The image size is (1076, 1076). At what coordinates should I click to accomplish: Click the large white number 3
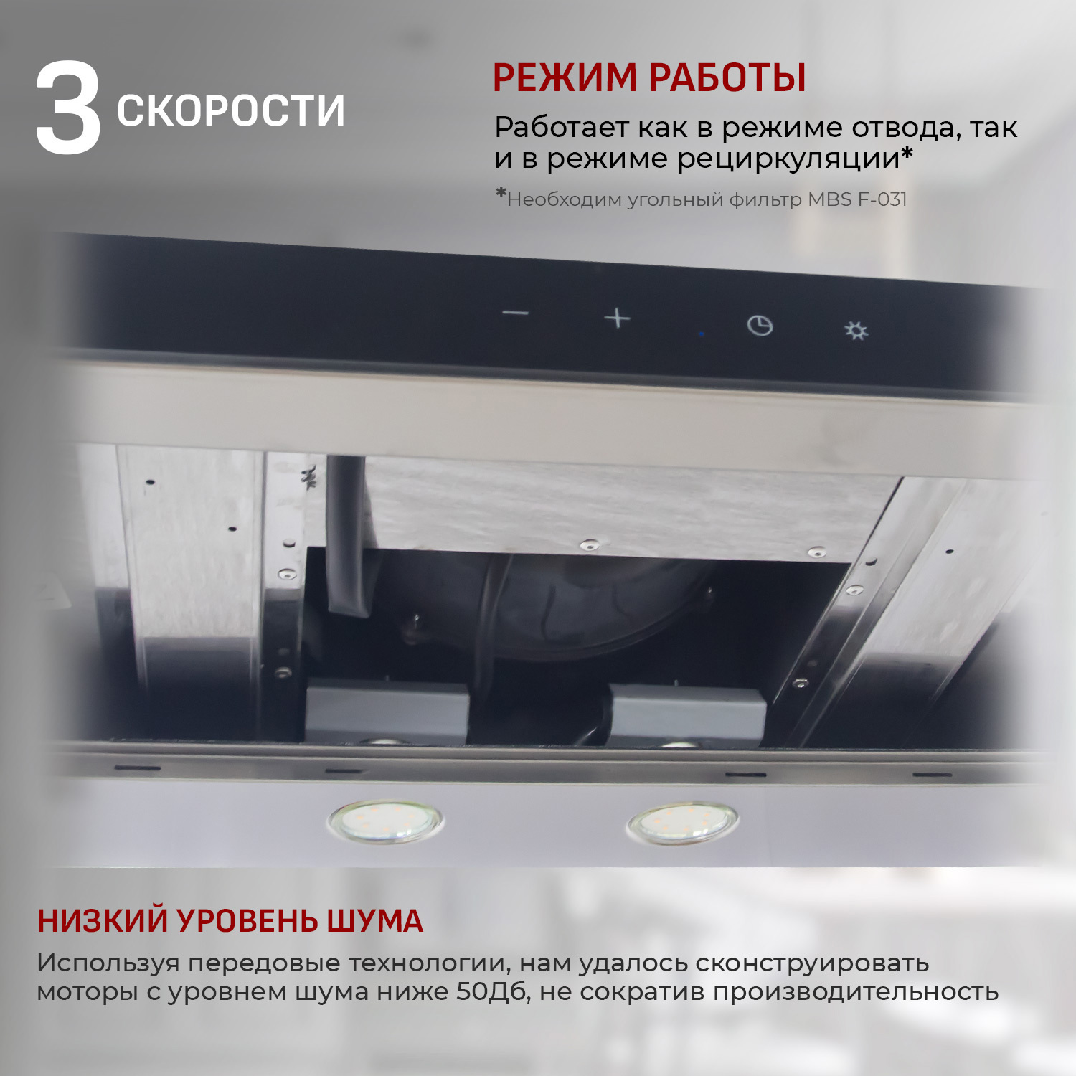click(x=68, y=109)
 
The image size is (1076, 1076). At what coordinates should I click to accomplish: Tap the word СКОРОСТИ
click(x=230, y=111)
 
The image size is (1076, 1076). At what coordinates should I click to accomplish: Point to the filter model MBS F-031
click(x=857, y=199)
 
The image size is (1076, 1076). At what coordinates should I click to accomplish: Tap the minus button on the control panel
click(x=515, y=313)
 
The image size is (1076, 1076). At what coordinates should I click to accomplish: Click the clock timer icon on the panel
click(x=760, y=326)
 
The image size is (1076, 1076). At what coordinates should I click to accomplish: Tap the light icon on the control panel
click(x=856, y=331)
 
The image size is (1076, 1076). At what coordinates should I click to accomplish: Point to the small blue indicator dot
click(x=702, y=334)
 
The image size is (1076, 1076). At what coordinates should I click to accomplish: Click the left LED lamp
click(x=385, y=821)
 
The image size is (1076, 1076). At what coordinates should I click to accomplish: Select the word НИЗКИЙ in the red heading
click(x=103, y=921)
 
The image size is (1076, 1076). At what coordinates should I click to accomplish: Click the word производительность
click(x=855, y=992)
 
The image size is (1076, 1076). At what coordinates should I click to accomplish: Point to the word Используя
click(x=108, y=963)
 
